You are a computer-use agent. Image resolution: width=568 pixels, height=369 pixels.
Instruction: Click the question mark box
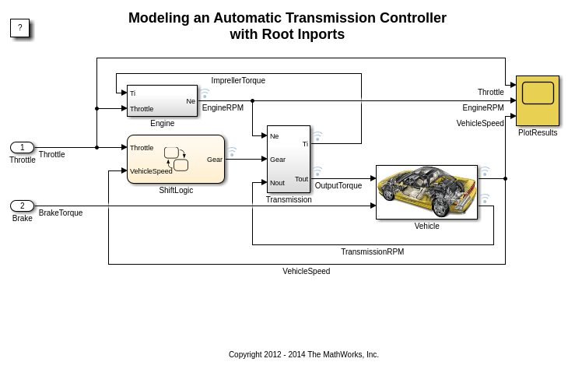click(19, 28)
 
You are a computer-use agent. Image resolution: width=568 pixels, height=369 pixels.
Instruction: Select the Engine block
click(162, 100)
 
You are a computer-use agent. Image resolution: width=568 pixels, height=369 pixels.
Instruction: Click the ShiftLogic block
click(175, 159)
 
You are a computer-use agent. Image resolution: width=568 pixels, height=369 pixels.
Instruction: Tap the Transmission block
click(288, 159)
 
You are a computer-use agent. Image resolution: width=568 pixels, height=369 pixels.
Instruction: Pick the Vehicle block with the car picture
click(426, 192)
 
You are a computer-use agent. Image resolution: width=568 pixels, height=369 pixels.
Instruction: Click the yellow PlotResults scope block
click(537, 100)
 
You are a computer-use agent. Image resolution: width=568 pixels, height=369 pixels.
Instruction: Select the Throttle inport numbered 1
click(22, 148)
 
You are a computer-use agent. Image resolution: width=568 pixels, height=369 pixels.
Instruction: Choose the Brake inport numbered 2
click(22, 206)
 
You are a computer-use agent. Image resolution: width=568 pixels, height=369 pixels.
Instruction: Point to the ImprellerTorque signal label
click(238, 80)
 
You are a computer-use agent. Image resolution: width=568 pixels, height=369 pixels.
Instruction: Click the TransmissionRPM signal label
click(372, 251)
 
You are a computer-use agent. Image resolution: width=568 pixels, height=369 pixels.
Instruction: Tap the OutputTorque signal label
click(338, 185)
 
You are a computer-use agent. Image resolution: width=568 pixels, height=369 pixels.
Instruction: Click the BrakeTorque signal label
click(61, 213)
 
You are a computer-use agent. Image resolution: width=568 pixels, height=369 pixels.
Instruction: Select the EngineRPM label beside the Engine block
click(223, 108)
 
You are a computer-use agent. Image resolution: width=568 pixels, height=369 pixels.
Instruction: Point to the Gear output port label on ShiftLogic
click(214, 160)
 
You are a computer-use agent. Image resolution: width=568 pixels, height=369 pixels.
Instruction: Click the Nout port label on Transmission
click(278, 183)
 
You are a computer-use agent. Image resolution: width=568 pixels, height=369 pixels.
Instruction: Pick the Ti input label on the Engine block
click(133, 93)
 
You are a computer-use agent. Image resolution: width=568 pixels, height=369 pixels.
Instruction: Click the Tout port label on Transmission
click(301, 179)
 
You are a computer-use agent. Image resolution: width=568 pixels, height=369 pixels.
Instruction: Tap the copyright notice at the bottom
click(303, 354)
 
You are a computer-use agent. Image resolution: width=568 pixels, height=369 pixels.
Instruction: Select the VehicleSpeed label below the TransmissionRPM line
click(306, 271)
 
